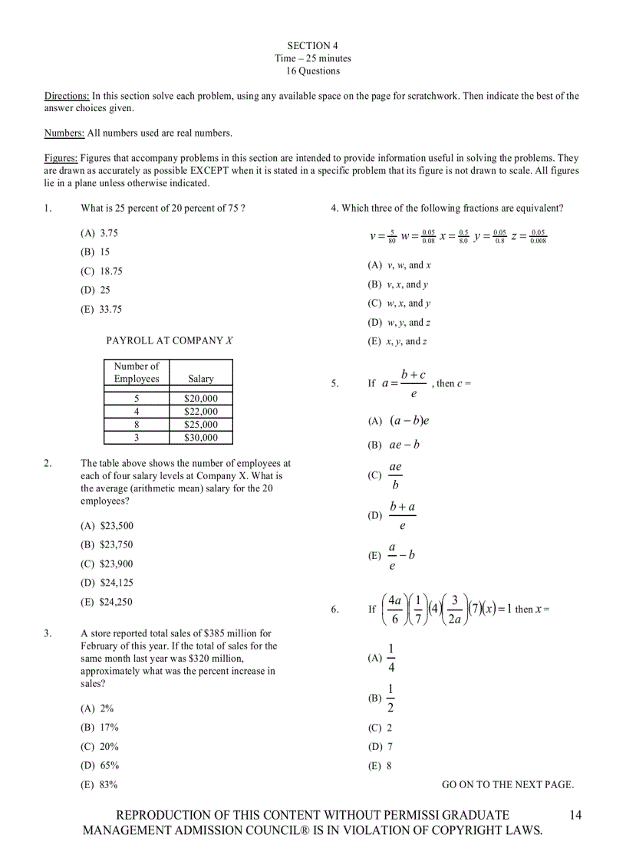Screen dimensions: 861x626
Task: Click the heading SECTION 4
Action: click(x=313, y=46)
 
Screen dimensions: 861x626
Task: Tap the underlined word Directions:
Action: click(x=67, y=97)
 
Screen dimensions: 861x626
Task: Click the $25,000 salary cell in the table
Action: click(x=201, y=425)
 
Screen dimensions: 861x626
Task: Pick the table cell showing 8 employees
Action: click(x=137, y=425)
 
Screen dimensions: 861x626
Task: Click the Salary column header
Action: click(x=201, y=379)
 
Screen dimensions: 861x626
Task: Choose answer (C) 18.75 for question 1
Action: click(x=101, y=271)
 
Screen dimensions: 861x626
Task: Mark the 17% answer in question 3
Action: click(x=100, y=728)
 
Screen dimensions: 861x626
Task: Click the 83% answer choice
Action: click(x=100, y=785)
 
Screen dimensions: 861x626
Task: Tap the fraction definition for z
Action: click(x=529, y=236)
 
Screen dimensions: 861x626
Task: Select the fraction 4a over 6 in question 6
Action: click(x=395, y=610)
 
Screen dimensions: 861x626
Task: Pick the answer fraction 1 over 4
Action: click(x=390, y=659)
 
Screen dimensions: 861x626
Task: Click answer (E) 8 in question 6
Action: click(x=381, y=766)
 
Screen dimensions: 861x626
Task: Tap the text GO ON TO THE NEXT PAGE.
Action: click(x=508, y=784)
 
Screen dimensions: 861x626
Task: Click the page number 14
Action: click(x=576, y=815)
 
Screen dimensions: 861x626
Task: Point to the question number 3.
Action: click(x=48, y=634)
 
